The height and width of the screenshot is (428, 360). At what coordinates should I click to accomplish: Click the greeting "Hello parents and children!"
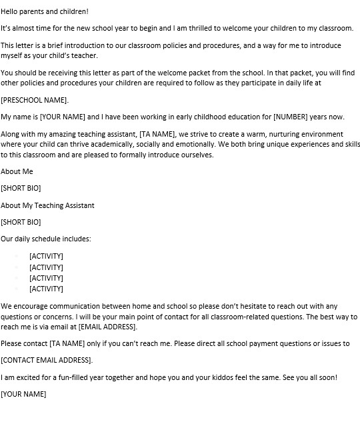(45, 12)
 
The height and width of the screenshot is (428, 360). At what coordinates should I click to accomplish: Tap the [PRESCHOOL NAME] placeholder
(35, 100)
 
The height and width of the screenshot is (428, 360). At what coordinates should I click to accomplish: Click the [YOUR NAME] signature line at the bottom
(23, 394)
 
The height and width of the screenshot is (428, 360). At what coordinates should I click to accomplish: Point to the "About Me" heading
(17, 171)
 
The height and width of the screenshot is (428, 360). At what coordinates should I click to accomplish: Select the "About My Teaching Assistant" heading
(47, 205)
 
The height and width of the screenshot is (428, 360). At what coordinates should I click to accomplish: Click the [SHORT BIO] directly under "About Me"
(21, 188)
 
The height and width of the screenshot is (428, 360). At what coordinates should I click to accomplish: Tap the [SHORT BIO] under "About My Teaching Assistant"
(21, 222)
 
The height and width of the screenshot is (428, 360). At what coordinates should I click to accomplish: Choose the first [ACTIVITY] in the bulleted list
(46, 256)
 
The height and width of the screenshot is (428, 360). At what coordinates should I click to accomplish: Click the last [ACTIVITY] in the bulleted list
(46, 289)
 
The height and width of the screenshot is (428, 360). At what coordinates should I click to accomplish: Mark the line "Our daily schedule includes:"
(46, 239)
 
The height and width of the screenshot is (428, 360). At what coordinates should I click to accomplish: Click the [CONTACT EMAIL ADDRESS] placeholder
(47, 361)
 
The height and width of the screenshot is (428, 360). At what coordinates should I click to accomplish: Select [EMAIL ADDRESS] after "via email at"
(107, 327)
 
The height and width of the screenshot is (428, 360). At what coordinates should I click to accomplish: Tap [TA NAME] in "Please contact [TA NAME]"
(69, 344)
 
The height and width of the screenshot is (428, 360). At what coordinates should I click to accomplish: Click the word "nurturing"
(270, 133)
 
